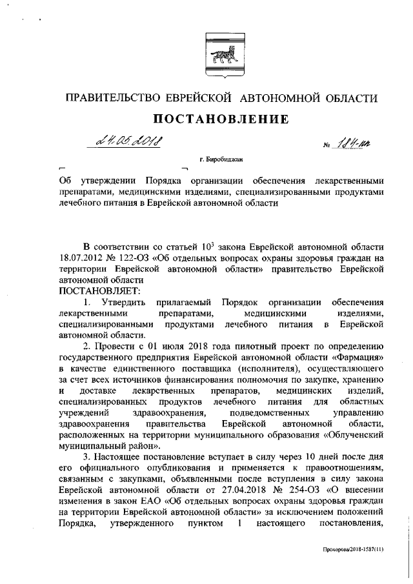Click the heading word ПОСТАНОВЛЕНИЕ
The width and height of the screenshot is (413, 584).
(x=219, y=119)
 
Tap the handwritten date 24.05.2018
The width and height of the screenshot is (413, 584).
(x=126, y=141)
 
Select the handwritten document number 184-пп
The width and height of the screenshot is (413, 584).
(x=353, y=143)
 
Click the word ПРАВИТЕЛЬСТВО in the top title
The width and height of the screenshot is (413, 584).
(x=110, y=97)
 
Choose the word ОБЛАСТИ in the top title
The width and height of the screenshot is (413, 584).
(x=346, y=97)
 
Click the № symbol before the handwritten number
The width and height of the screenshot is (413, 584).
(x=327, y=145)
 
